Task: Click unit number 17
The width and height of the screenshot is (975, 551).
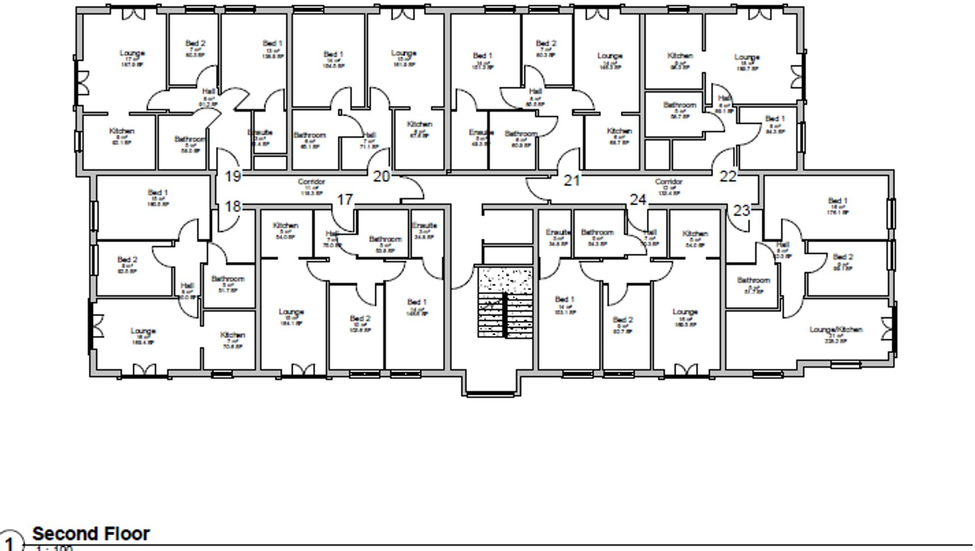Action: point(345,200)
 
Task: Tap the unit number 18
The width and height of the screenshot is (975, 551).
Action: point(233,207)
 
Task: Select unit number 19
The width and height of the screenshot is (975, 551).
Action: point(233,176)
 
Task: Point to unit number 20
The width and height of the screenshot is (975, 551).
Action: point(381,176)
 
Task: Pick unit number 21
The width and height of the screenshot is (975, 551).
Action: point(571,180)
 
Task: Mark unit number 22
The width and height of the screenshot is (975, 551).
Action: point(727,176)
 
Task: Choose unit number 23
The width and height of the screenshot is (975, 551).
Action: point(741,211)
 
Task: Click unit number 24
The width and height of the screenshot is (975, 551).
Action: point(638,200)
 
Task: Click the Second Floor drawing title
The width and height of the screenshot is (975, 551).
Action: point(91,533)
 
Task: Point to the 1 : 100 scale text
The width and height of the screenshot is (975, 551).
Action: point(54,548)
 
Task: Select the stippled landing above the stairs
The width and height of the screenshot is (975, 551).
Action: point(505,279)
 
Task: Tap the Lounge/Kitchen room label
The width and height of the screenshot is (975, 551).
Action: point(836,329)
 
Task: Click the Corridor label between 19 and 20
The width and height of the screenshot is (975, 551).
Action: point(311,182)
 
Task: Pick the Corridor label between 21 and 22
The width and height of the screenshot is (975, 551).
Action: point(668,182)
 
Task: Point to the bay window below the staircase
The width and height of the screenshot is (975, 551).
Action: point(490,392)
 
